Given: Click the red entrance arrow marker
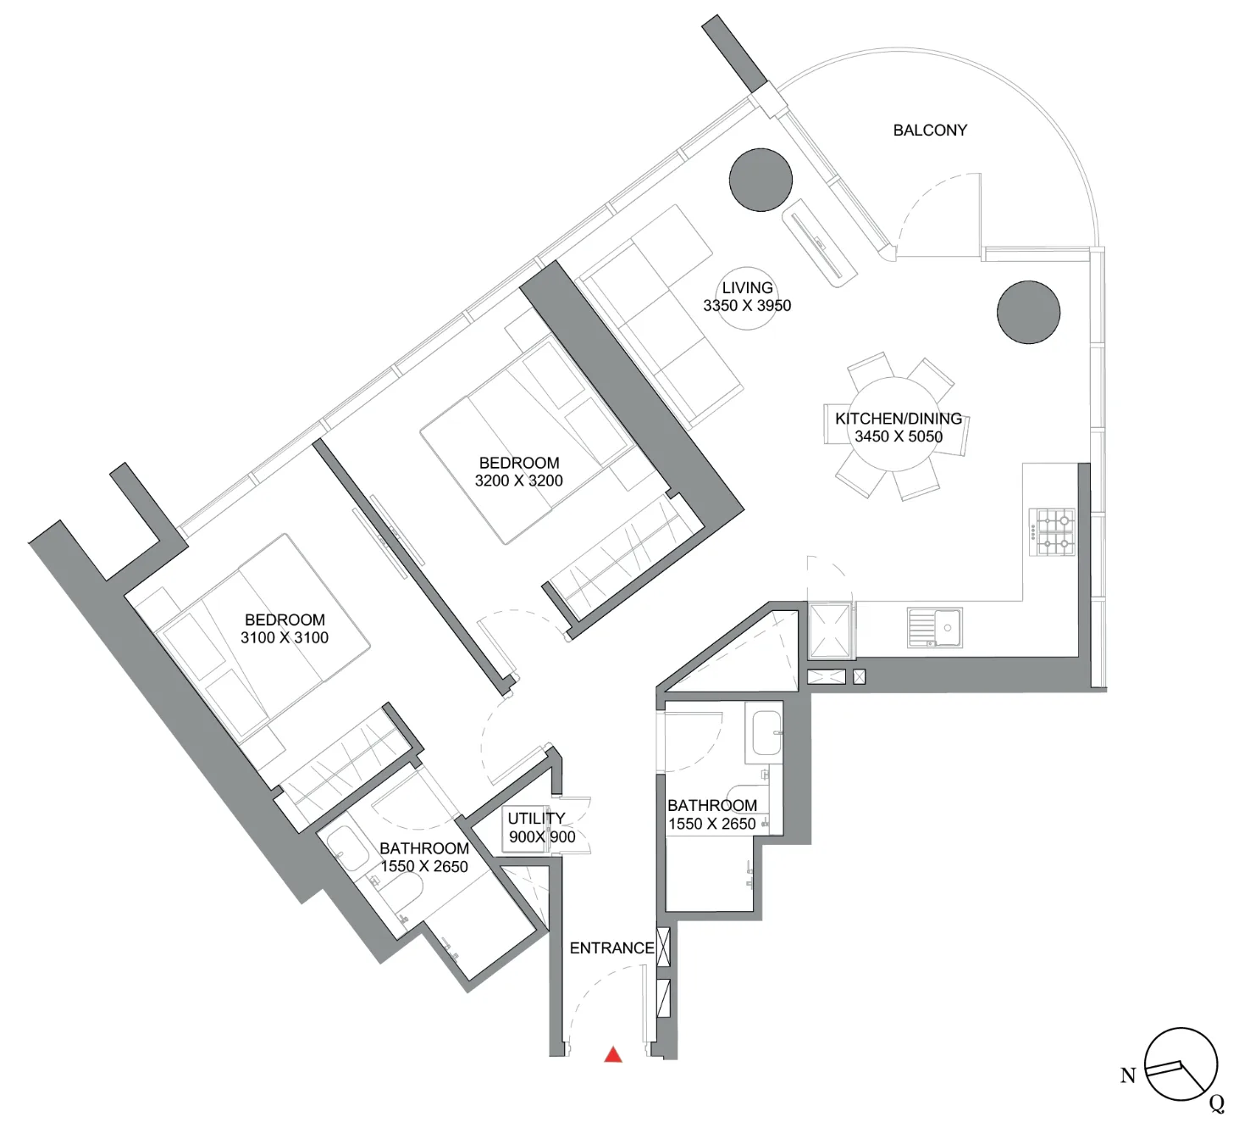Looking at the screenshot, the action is [613, 1054].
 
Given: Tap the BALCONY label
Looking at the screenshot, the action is [930, 131].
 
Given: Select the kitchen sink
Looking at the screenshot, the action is [935, 627].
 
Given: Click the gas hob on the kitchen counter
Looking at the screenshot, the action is [1052, 532].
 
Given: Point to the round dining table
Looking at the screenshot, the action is [897, 425].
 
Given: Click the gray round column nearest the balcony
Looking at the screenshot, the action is [761, 180].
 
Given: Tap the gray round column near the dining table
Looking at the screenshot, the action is [1028, 312].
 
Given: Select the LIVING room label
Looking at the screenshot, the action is [747, 287].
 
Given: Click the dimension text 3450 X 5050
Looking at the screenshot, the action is [899, 436].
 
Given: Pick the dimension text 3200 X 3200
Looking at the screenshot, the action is [518, 481].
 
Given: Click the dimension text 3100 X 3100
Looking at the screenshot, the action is [285, 637].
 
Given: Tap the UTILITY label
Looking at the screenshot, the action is [536, 818].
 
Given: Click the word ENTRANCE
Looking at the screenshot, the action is [612, 948].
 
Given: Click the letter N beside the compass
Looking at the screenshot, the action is [1129, 1075].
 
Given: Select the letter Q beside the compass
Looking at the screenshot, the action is [1217, 1103].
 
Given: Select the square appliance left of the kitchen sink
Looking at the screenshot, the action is [830, 631].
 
